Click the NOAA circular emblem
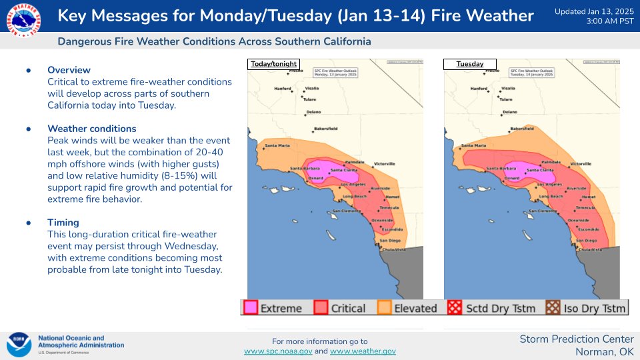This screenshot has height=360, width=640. [x=19, y=345]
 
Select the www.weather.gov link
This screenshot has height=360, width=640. [x=363, y=351]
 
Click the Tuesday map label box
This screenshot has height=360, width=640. [x=470, y=65]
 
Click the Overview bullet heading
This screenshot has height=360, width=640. [x=69, y=70]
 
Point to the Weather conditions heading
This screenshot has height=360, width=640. [x=91, y=129]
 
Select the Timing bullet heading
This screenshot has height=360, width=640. [x=63, y=223]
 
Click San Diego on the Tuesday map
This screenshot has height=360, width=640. [x=587, y=240]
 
